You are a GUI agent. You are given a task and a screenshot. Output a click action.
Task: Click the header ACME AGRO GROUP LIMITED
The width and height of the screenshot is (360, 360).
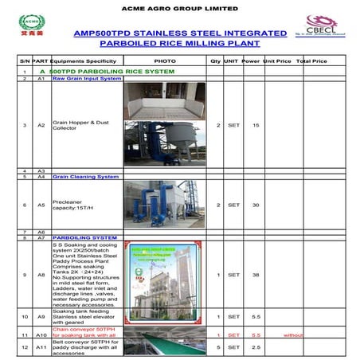pos(179,9)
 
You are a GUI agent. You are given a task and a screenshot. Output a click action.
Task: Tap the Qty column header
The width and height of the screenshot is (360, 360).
pos(215,61)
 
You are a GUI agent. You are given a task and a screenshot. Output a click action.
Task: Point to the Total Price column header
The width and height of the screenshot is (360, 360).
pos(311,61)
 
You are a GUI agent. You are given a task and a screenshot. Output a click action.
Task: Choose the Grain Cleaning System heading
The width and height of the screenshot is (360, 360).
pos(85,177)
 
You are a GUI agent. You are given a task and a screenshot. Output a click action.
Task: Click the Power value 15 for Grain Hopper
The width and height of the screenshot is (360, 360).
pos(255,125)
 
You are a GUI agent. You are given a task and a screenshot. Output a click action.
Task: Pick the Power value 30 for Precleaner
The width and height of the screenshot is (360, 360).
pos(255,205)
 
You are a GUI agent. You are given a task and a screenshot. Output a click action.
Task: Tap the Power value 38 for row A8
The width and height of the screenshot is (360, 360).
pos(255,275)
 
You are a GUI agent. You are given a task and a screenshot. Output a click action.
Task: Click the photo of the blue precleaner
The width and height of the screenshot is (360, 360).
pos(164,204)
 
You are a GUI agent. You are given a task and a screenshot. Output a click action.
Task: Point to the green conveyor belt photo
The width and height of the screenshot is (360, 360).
pos(164,344)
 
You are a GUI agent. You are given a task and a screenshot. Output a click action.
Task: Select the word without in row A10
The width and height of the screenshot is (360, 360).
pos(295,335)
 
